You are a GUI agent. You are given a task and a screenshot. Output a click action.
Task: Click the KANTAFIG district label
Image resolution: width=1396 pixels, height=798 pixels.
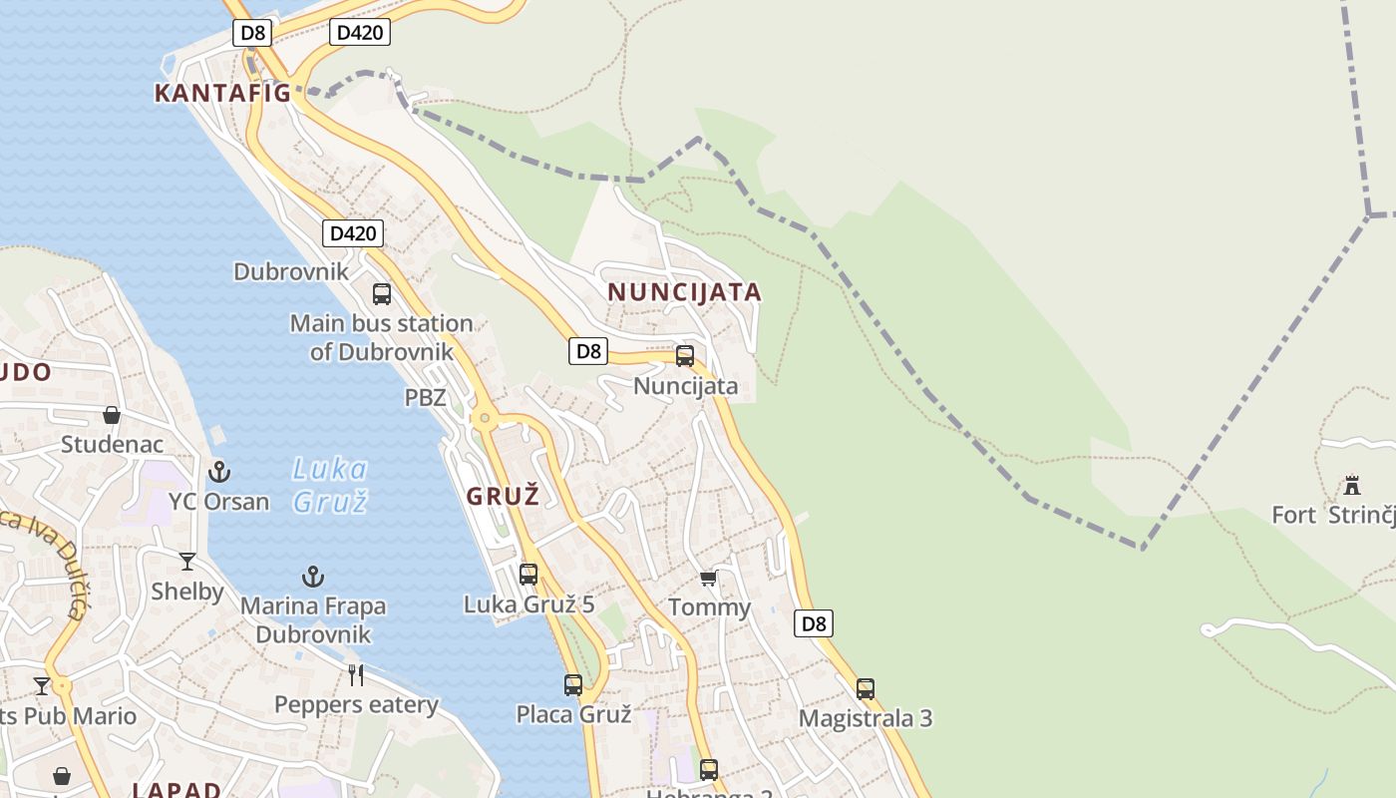tap(222, 93)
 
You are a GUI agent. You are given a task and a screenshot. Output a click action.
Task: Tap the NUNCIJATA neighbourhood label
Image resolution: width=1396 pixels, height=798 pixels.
tap(684, 292)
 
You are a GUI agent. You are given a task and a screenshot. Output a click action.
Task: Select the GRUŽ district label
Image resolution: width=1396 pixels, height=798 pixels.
tap(503, 496)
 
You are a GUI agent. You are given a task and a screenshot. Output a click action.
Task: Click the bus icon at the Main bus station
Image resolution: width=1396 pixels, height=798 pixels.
tap(381, 294)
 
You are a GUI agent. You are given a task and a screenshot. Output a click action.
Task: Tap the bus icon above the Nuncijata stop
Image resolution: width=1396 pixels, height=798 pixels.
tap(685, 356)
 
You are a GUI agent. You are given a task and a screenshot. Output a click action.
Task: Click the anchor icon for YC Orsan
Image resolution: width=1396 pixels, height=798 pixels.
tap(218, 472)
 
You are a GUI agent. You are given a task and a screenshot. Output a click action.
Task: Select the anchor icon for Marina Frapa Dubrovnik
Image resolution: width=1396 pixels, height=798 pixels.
tap(313, 577)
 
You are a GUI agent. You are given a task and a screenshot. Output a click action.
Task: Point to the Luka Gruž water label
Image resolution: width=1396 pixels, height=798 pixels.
tap(331, 485)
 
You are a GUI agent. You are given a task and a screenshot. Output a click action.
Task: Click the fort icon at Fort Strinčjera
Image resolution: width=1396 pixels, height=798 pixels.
tap(1352, 486)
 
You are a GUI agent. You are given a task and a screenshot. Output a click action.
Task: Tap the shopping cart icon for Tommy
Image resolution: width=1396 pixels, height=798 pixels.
tap(708, 579)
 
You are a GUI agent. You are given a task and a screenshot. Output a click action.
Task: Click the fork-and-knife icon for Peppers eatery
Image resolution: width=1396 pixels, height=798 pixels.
tap(356, 675)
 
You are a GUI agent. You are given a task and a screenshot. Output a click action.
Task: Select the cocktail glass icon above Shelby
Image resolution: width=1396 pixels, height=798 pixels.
tap(187, 562)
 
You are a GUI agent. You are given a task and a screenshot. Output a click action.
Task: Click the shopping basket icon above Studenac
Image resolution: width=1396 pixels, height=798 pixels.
tap(112, 415)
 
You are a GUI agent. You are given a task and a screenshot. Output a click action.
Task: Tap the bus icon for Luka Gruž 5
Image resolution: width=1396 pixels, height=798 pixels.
tap(528, 575)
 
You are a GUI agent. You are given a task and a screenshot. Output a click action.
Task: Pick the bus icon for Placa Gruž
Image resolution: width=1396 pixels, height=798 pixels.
tap(572, 685)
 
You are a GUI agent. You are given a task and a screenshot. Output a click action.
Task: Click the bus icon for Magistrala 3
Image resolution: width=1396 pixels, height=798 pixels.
tap(866, 689)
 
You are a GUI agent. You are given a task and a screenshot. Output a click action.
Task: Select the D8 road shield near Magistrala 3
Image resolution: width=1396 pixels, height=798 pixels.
tap(814, 624)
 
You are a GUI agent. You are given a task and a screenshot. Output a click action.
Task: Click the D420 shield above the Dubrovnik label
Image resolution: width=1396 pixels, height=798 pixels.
tap(353, 233)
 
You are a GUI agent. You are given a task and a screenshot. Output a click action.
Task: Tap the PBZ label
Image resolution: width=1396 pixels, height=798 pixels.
tap(425, 397)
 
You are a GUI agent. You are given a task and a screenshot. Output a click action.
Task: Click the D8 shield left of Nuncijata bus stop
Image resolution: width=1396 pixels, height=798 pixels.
tap(588, 351)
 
